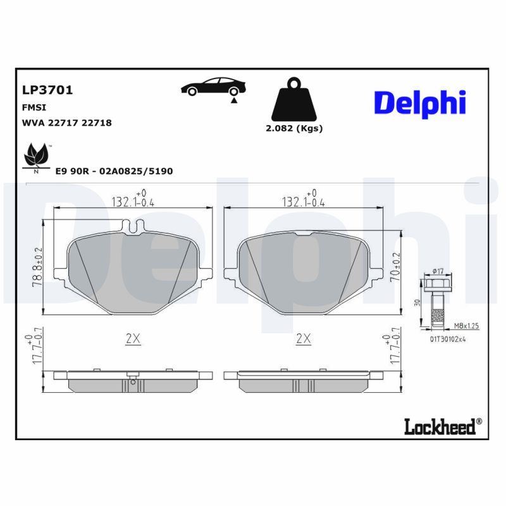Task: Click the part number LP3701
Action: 47,90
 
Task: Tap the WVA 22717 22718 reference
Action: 66,123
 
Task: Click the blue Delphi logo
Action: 420,102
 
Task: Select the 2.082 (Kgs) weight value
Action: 293,128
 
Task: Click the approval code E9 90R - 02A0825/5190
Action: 114,171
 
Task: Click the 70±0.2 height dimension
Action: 397,267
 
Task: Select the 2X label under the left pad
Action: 132,339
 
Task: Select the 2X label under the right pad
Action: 304,339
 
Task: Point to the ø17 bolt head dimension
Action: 438,271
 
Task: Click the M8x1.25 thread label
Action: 466,326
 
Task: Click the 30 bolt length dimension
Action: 417,302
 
